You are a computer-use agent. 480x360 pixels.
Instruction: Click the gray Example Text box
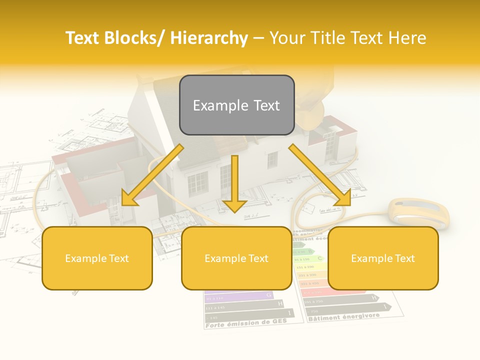tap(236, 105)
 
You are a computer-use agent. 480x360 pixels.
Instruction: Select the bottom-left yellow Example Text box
tap(97, 258)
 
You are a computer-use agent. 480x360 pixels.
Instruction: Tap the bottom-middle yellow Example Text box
tap(236, 258)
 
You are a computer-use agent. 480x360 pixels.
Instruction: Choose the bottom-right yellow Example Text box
tap(383, 258)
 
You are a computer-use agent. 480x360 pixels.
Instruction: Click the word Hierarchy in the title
tap(209, 38)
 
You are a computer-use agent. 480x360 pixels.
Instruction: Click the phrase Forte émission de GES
tap(246, 323)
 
